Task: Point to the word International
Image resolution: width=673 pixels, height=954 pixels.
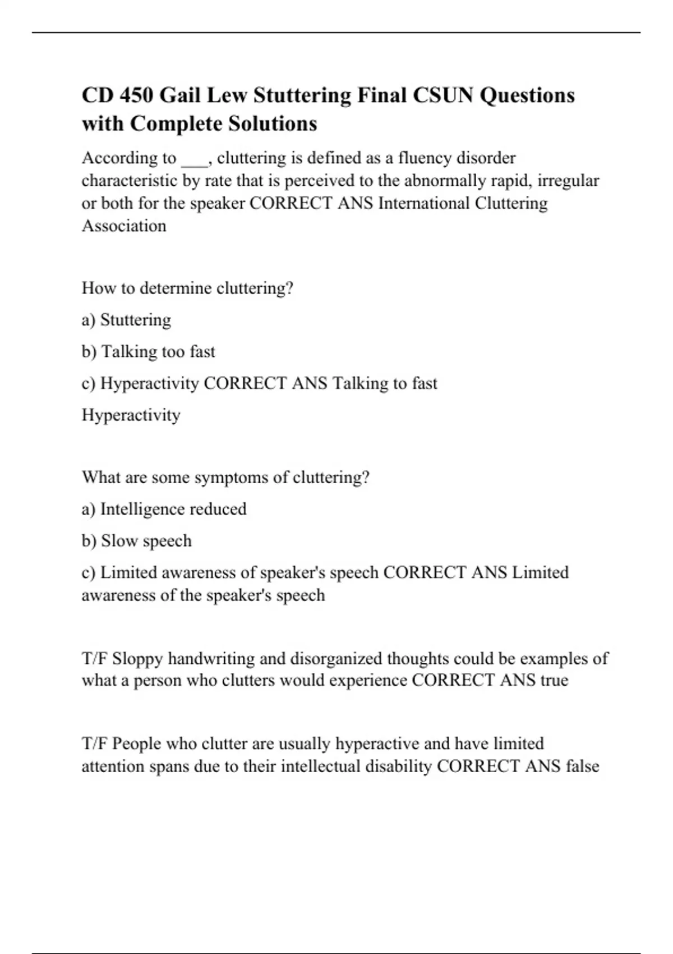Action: click(424, 203)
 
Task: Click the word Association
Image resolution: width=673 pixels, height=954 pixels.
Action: click(124, 226)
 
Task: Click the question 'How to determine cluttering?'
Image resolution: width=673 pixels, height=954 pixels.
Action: click(187, 288)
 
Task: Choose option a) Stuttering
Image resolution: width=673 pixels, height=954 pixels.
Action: click(126, 320)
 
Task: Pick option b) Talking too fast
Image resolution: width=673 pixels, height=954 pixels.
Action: click(148, 352)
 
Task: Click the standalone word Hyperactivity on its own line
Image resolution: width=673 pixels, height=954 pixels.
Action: click(131, 415)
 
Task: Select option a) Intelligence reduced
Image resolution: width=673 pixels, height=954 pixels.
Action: click(164, 509)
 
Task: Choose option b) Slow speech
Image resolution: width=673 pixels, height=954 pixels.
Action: click(136, 541)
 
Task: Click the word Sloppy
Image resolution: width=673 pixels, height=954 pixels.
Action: click(137, 658)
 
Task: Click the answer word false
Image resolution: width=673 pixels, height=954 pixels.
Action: click(583, 766)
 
